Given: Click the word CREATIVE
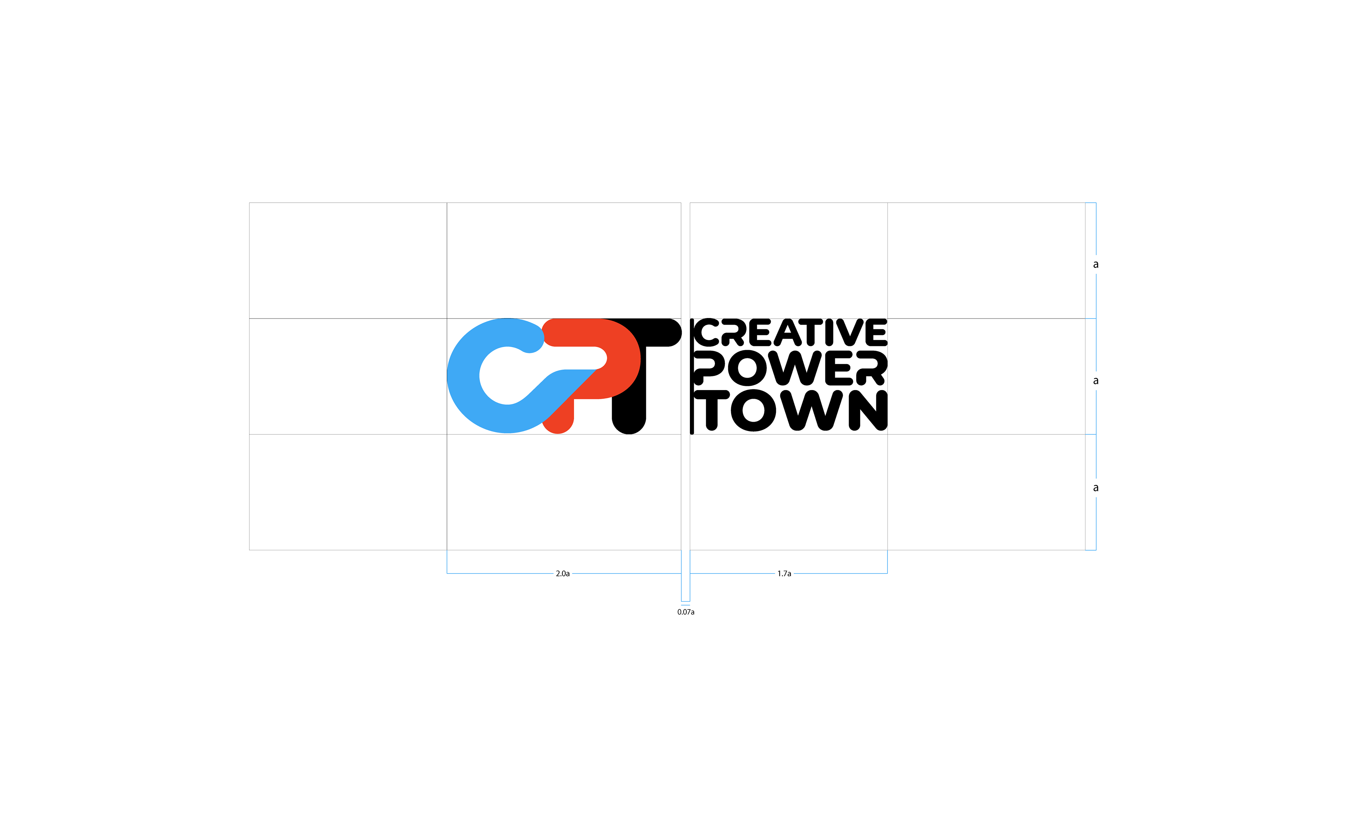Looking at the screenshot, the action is point(790,333).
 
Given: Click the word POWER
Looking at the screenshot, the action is point(790,368).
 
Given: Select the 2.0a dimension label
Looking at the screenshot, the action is point(562,574).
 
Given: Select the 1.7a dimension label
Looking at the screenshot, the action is point(784,574).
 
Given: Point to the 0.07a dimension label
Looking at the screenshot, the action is point(686,612).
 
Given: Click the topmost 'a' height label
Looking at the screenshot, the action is point(1095,264).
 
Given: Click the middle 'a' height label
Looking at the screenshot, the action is point(1095,380).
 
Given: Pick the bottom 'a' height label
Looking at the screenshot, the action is point(1095,488).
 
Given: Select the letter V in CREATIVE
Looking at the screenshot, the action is point(850,333).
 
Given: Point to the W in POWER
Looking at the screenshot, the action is point(796,368).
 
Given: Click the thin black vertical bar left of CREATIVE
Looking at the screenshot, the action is point(692,376).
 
